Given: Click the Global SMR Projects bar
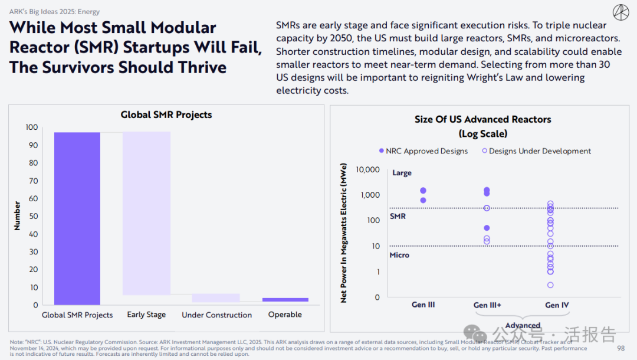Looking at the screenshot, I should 77,218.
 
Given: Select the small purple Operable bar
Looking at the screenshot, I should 285,300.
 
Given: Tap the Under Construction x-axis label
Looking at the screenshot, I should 216,315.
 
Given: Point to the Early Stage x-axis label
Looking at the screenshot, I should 146,315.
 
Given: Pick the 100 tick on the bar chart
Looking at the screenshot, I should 31,127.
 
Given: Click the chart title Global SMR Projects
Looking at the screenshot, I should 166,115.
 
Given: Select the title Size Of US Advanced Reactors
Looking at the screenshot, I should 482,119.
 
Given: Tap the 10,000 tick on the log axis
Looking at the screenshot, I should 368,170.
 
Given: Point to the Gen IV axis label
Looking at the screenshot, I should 557,305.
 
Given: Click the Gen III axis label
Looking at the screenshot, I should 423,305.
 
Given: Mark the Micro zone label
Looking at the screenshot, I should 399,255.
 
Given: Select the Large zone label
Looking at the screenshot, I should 402,173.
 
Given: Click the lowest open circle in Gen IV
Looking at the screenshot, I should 550,285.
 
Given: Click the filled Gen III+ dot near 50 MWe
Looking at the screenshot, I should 487,228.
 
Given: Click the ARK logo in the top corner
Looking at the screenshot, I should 620,12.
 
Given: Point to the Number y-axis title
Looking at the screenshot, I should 17,216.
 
